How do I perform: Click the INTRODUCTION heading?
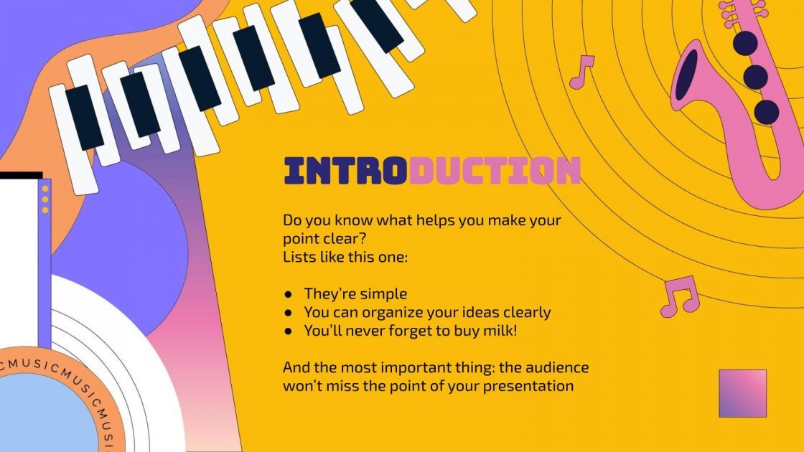click(x=432, y=171)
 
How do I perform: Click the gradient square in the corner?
click(x=742, y=393)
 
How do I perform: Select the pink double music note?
click(x=678, y=296)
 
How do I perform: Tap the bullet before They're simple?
click(x=289, y=294)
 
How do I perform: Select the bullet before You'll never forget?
click(x=289, y=331)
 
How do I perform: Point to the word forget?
click(x=407, y=331)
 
